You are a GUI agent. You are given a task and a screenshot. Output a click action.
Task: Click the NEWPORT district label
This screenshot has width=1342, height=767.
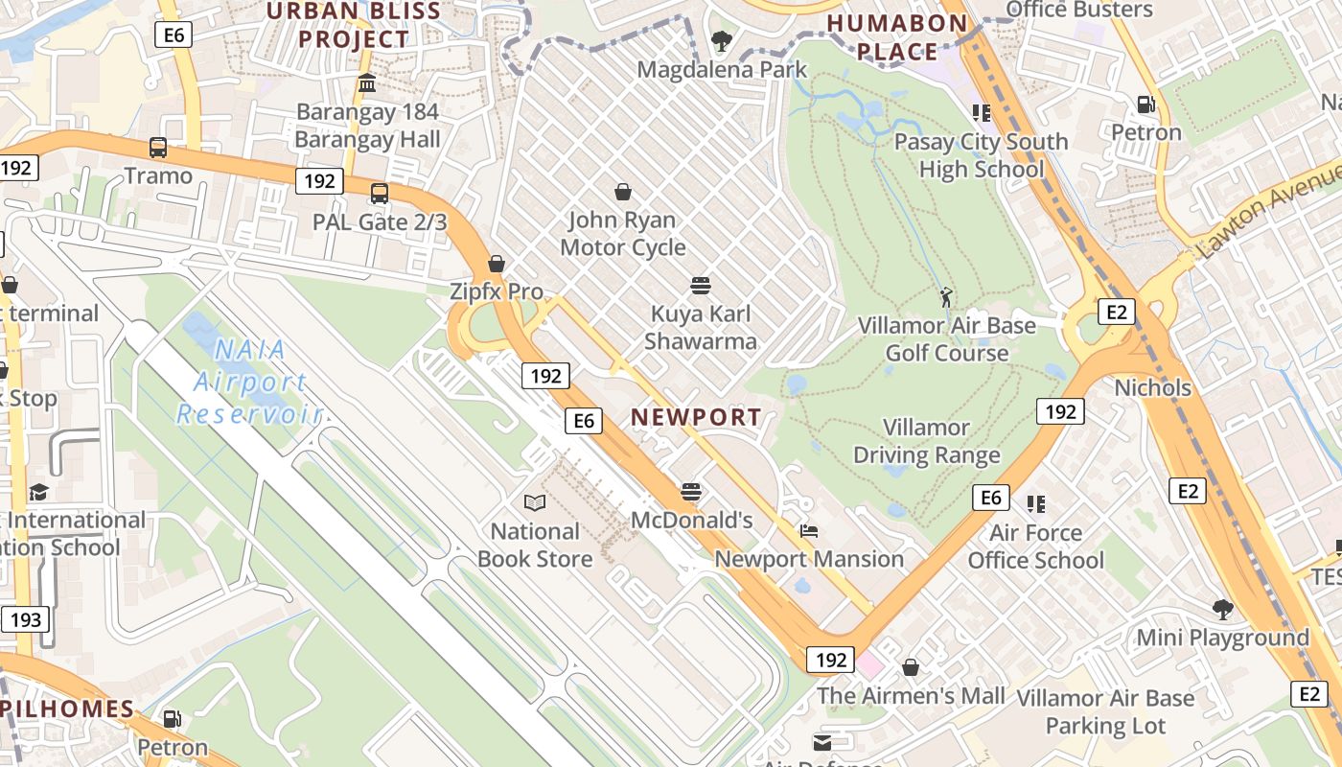tap(697, 417)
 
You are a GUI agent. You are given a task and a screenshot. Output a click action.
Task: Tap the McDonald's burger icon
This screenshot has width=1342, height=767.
tap(691, 493)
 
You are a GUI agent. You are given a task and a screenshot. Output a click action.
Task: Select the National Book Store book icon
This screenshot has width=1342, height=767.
tap(535, 502)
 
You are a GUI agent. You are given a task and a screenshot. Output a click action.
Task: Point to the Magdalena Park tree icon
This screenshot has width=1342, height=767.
tap(721, 41)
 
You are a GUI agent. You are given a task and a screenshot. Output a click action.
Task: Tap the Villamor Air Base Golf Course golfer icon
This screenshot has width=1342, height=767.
tap(947, 297)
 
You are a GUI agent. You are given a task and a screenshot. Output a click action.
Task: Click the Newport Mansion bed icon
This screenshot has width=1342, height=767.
tap(809, 531)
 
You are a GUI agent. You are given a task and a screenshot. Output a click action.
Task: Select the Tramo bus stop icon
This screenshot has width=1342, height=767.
tap(158, 148)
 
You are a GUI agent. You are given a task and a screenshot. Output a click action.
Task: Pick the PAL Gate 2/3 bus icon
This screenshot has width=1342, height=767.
tap(380, 194)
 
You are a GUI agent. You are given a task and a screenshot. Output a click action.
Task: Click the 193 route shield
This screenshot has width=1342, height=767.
tap(25, 619)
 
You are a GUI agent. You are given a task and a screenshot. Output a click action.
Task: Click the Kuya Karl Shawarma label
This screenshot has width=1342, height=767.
tap(701, 327)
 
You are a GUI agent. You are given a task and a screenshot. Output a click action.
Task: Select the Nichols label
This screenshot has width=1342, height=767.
tap(1152, 388)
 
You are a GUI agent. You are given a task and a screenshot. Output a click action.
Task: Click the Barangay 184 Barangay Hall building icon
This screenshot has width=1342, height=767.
tap(367, 83)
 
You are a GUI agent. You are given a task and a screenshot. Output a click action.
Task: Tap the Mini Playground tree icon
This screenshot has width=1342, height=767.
tap(1222, 609)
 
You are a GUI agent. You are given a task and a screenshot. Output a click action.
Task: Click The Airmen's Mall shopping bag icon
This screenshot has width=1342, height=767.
tap(911, 666)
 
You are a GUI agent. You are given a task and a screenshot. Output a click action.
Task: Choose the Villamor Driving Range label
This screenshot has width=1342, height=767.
tap(927, 441)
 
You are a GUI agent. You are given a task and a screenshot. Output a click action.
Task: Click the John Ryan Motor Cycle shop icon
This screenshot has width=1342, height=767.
tap(623, 192)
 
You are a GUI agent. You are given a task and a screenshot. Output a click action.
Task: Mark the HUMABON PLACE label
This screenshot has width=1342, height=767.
tap(896, 36)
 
